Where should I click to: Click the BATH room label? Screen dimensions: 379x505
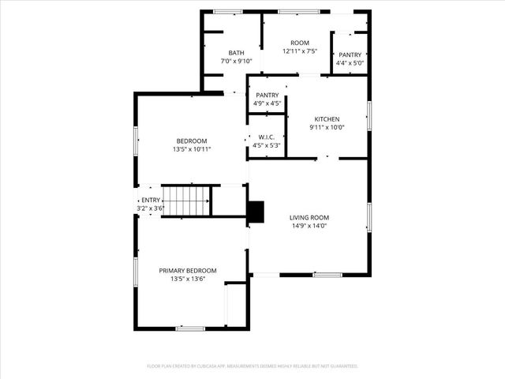point(237,53)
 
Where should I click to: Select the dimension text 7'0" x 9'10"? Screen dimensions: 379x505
point(237,61)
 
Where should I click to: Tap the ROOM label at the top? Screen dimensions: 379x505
point(300,43)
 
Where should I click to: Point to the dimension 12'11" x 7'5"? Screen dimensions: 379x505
point(300,51)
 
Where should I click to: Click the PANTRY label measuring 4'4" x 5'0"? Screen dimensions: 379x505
point(350,54)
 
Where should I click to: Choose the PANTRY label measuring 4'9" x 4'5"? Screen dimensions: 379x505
point(267,95)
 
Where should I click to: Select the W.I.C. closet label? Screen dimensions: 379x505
point(267,137)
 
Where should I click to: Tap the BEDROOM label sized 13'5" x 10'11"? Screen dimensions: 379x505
point(191,141)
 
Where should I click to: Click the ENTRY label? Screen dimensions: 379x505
point(150,201)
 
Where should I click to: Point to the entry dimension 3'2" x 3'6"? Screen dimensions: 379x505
point(150,208)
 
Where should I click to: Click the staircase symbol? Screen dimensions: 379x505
point(186,201)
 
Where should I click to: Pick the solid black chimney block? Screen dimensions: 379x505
point(256,212)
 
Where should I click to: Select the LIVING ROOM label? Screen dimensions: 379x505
point(309,217)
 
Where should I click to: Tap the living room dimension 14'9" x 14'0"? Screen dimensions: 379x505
point(309,226)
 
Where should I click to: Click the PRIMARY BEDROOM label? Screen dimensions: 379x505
point(188,271)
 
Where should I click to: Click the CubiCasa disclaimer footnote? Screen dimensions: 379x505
point(252,366)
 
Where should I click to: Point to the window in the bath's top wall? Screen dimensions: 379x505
point(228,11)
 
